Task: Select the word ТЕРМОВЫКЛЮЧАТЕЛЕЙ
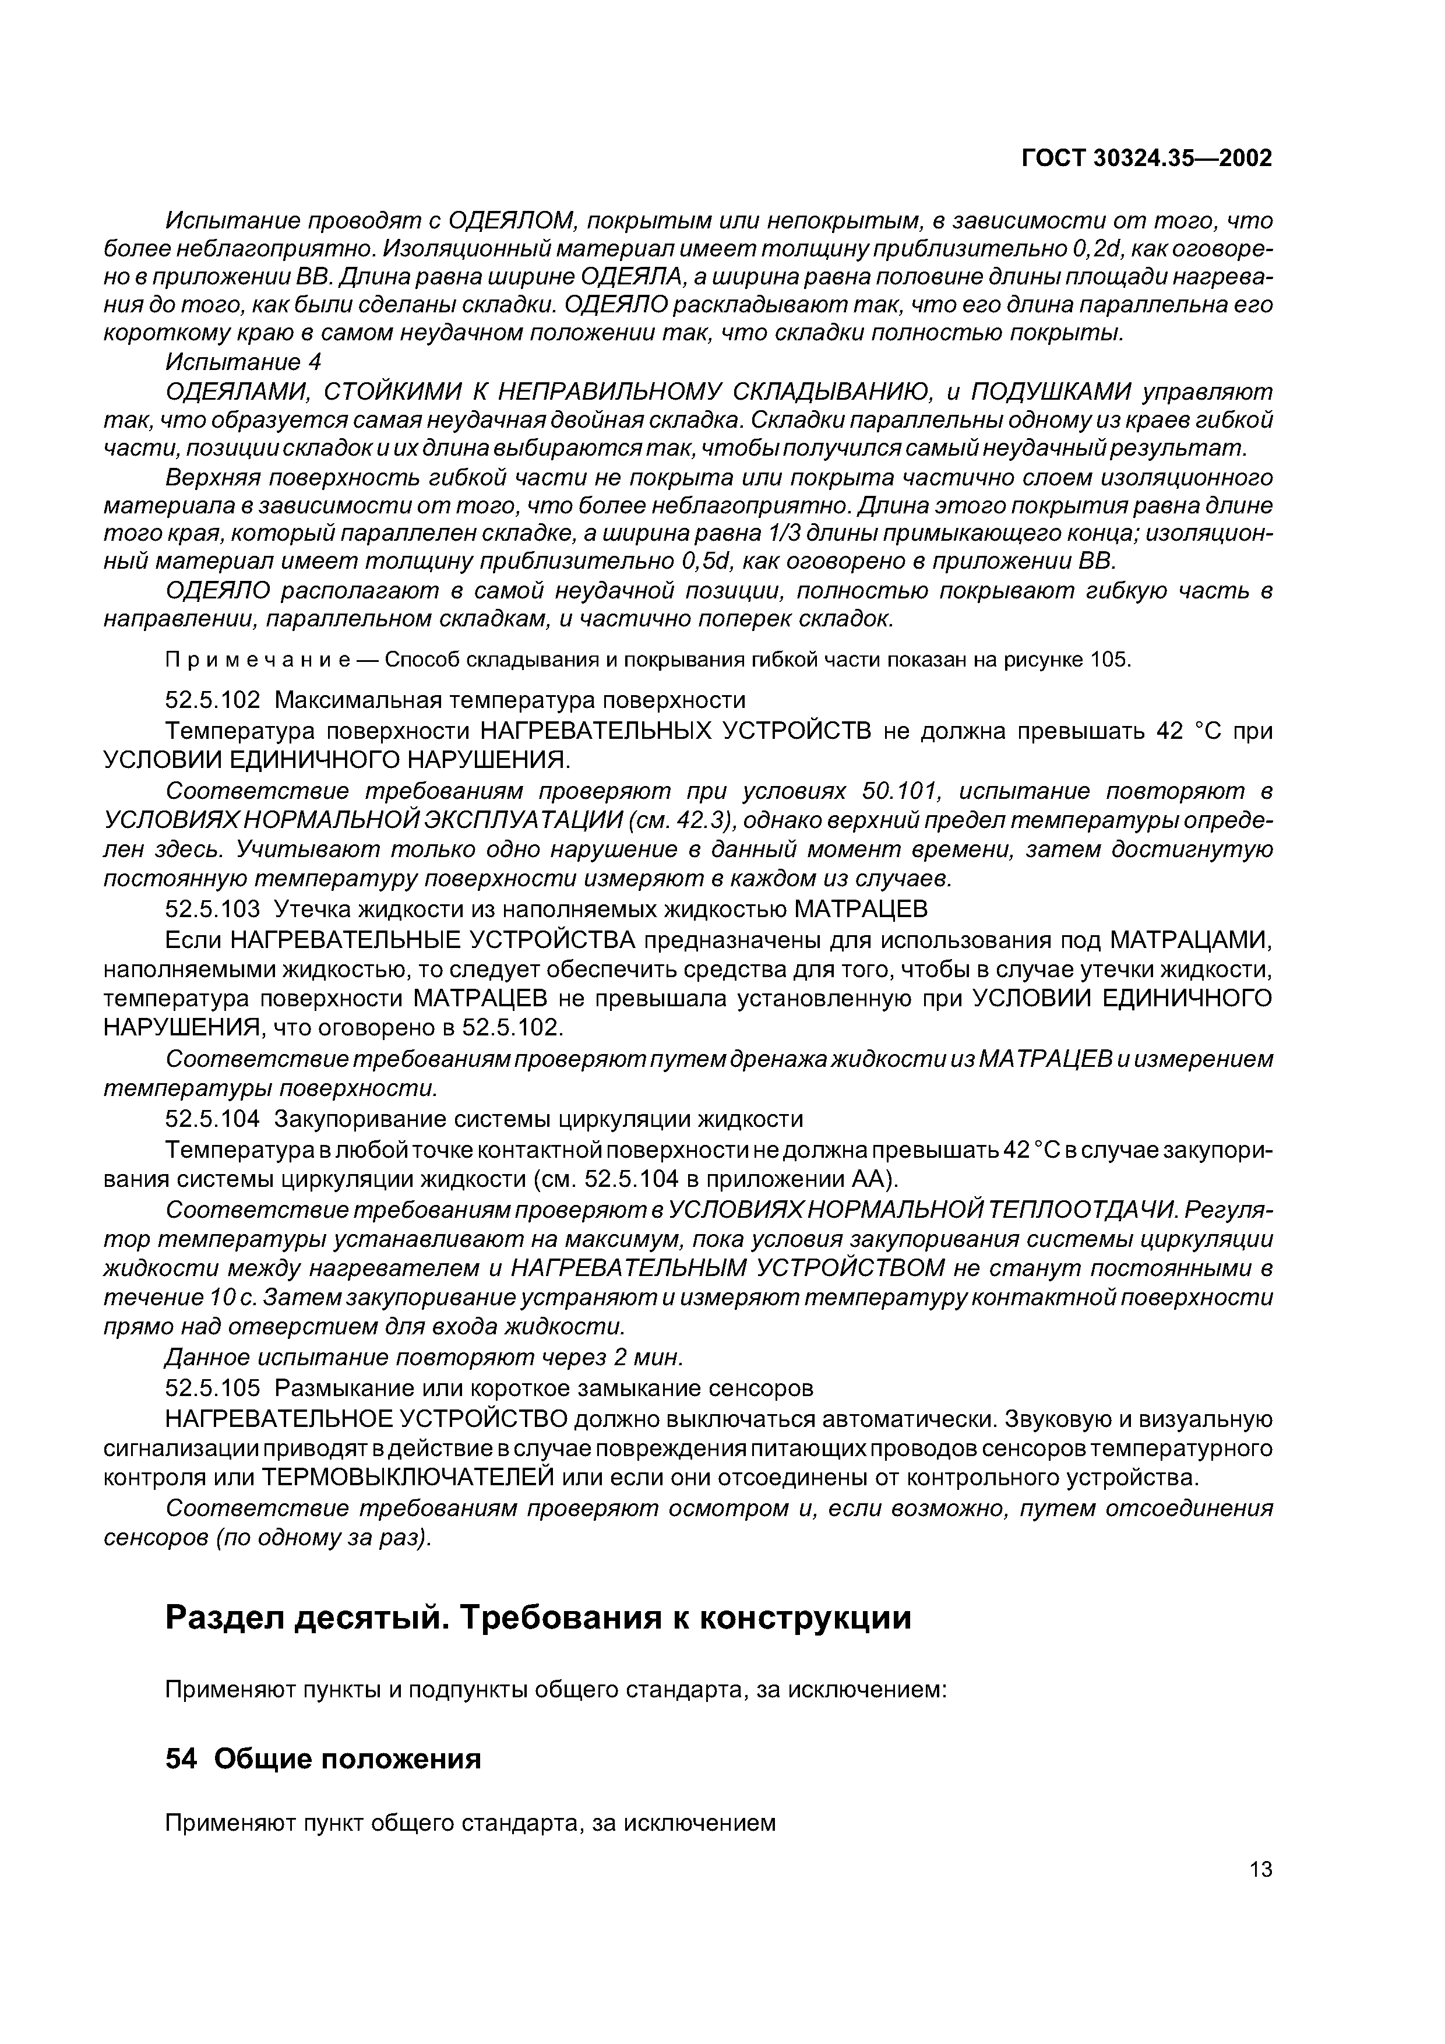pos(408,1478)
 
